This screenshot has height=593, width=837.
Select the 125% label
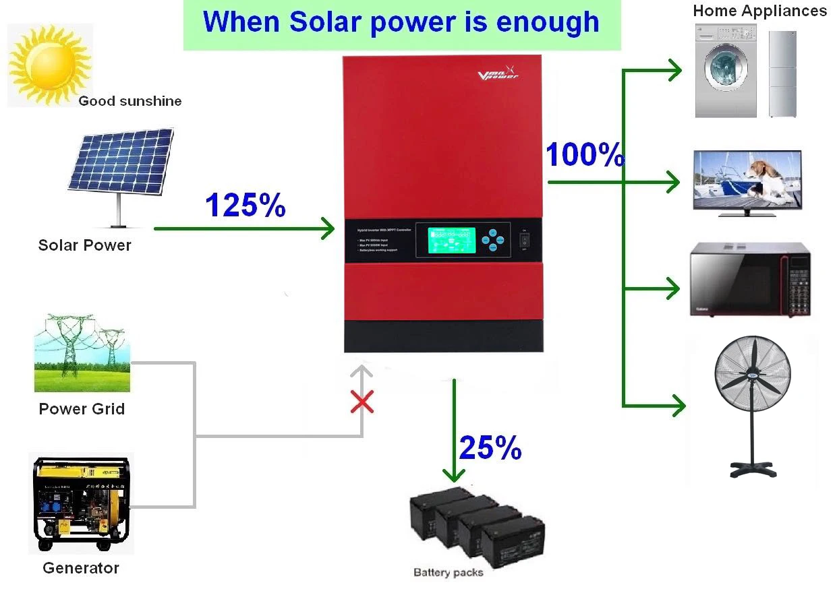(246, 205)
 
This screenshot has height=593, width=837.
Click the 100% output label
(584, 155)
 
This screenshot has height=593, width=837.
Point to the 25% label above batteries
(490, 447)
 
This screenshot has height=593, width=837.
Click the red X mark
(363, 403)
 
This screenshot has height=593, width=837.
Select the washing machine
(725, 71)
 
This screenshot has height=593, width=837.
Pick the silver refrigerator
(783, 73)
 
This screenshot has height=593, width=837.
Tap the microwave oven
(750, 279)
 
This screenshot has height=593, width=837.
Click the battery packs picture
(475, 523)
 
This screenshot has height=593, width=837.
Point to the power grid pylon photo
(82, 357)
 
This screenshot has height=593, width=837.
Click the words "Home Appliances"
(759, 11)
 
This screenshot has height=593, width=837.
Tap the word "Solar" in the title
(324, 22)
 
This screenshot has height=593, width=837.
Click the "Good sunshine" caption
(130, 102)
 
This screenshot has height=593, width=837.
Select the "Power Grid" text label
(82, 409)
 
